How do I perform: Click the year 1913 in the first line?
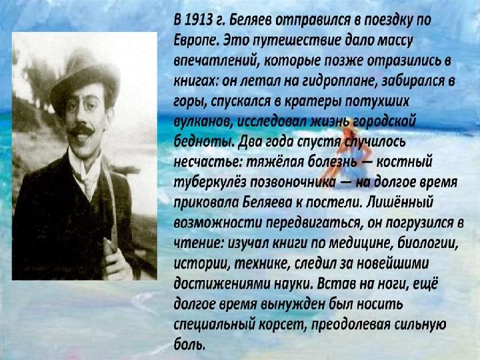click(199, 20)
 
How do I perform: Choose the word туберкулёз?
click(209, 183)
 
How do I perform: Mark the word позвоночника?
click(293, 183)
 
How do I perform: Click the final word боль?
click(189, 344)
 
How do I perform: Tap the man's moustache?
click(81, 130)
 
